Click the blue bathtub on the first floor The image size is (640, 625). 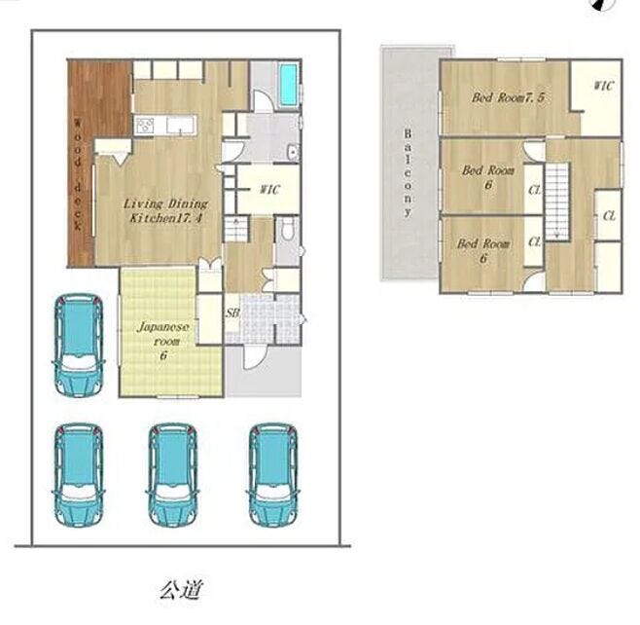pos(288,85)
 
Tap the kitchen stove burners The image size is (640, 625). pos(145,125)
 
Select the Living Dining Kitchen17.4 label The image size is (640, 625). pos(165,210)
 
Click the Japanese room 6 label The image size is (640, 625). pos(163,341)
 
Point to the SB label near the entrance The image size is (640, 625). pos(232,312)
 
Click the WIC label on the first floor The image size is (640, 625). pos(269,190)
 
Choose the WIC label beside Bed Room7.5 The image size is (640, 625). pos(603,86)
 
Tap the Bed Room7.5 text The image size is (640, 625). pos(508,97)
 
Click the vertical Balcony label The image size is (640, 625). pos(408,172)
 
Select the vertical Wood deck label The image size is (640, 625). pos(78,174)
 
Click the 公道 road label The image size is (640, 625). pos(181,589)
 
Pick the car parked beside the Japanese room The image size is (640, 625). pos(79,346)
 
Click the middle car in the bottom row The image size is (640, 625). pos(172,475)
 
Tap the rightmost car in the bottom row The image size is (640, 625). pos(272,475)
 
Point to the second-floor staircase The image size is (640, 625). pos(557,202)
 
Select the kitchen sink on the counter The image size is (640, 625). pos(177,125)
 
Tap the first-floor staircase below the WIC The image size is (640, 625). pos(236,229)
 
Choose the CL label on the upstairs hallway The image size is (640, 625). pos(609,215)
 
